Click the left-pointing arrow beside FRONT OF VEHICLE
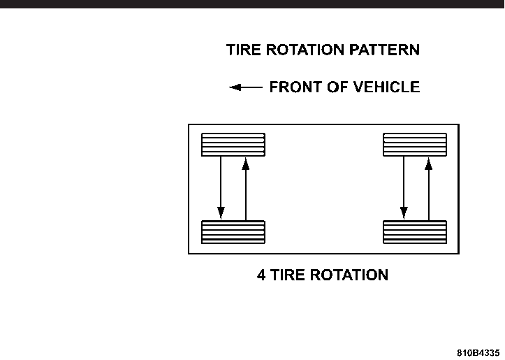pyautogui.click(x=246, y=87)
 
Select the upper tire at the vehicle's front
pyautogui.click(x=233, y=145)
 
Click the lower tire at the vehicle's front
pyautogui.click(x=233, y=232)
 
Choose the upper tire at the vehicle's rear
pyautogui.click(x=415, y=145)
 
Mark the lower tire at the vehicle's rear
pyautogui.click(x=415, y=232)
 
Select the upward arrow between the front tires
pyautogui.click(x=245, y=189)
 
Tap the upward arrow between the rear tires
pyautogui.click(x=427, y=189)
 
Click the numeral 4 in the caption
pyautogui.click(x=261, y=275)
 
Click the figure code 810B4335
pyautogui.click(x=479, y=352)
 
